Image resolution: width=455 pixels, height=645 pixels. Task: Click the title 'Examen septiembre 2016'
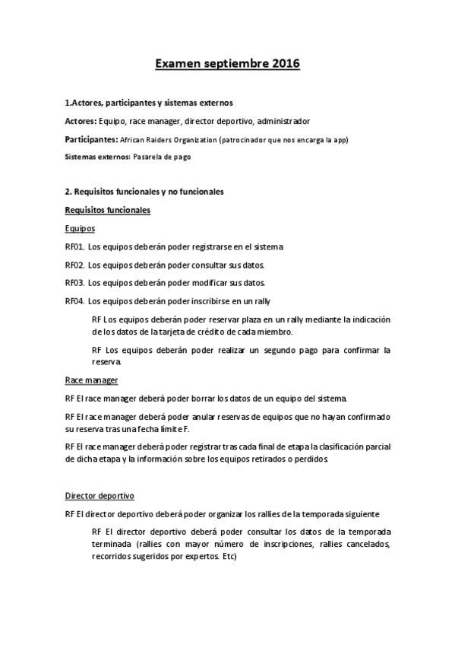(x=227, y=65)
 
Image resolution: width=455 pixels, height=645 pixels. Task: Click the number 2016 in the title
(x=283, y=65)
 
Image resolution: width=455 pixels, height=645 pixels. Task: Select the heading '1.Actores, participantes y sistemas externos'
(x=149, y=103)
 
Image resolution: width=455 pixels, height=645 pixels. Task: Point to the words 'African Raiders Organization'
(x=168, y=140)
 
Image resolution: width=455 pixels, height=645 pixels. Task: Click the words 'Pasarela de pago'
(x=162, y=157)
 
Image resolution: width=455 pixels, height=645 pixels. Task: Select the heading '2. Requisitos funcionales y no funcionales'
(x=144, y=192)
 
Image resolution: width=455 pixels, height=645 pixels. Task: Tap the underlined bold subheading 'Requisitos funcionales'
(x=107, y=210)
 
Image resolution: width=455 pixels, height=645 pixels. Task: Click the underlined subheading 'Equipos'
(x=80, y=228)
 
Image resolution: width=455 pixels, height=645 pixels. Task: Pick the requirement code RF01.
(x=74, y=246)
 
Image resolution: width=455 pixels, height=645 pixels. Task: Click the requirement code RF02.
(x=74, y=265)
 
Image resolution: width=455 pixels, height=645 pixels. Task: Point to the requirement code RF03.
(x=74, y=282)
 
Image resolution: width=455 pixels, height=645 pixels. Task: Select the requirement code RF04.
(x=74, y=300)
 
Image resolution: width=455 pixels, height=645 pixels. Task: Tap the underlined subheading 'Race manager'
(x=91, y=380)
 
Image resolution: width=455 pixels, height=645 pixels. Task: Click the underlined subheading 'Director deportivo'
(x=100, y=496)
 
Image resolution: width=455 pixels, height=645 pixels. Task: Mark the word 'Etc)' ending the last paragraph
(x=228, y=557)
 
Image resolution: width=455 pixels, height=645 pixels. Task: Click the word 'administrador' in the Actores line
(x=283, y=122)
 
